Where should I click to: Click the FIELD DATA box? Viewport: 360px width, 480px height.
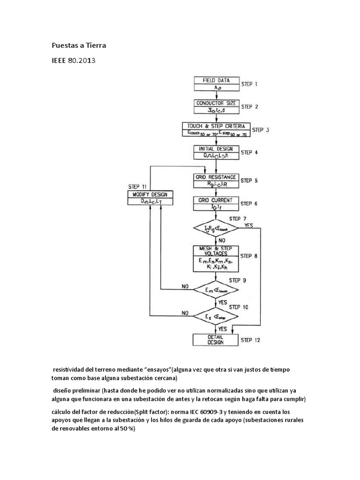216,83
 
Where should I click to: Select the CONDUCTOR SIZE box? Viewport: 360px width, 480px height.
216,106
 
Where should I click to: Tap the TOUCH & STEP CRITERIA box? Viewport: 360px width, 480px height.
216,129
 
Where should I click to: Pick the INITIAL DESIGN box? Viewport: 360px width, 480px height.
216,152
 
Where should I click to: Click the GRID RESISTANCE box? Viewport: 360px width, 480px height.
216,180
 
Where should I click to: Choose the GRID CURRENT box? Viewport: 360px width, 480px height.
216,203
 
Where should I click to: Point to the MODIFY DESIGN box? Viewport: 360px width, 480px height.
150,198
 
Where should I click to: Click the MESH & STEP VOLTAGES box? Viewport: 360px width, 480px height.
216,258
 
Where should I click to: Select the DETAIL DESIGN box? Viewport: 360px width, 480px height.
216,339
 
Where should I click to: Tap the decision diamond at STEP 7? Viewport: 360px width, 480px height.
216,228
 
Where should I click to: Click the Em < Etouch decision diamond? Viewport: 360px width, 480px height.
216,290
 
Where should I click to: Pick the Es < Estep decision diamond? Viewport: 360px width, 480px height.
216,317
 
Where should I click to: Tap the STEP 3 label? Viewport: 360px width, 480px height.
260,130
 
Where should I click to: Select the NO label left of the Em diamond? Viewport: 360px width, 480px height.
186,285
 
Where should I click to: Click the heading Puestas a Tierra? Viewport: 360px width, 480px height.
78,45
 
